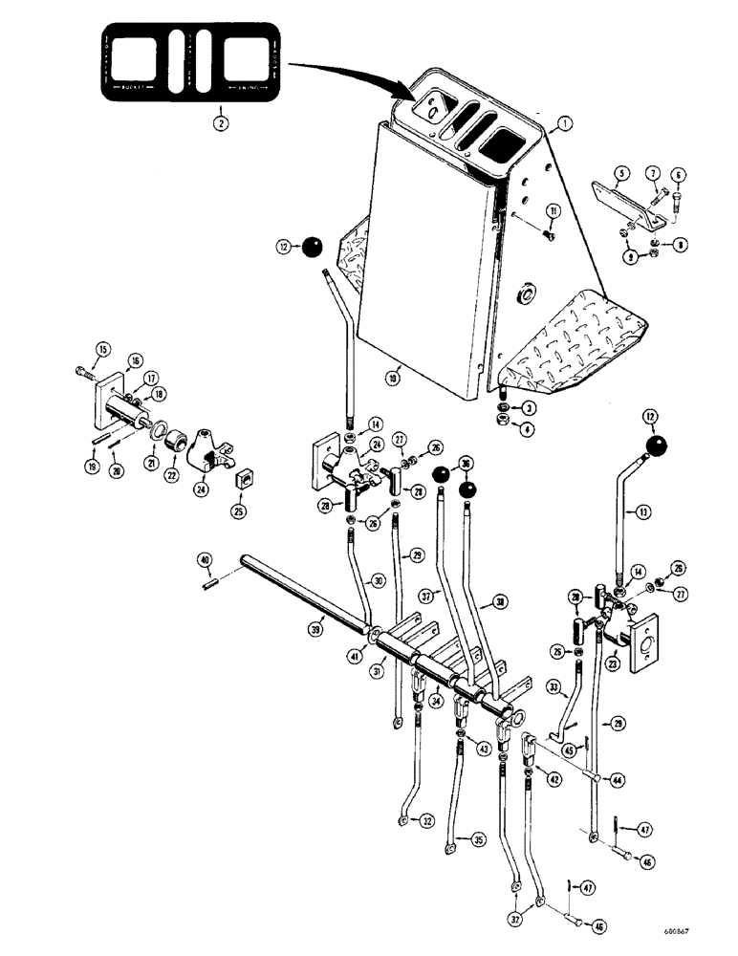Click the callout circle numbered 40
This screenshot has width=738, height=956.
tap(204, 560)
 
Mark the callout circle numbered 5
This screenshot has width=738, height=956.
tap(620, 174)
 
